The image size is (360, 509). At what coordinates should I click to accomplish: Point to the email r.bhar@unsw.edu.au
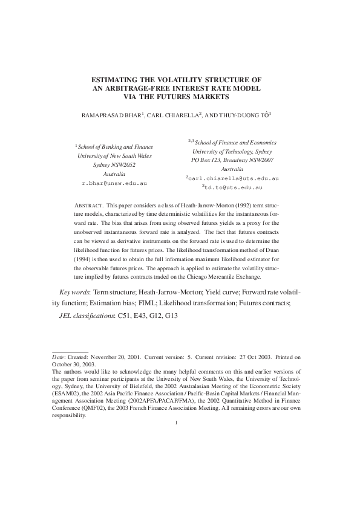tap(114, 182)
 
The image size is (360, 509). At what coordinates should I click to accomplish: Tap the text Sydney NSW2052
tap(114, 164)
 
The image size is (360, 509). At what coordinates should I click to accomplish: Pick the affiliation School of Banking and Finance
tap(115, 146)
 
